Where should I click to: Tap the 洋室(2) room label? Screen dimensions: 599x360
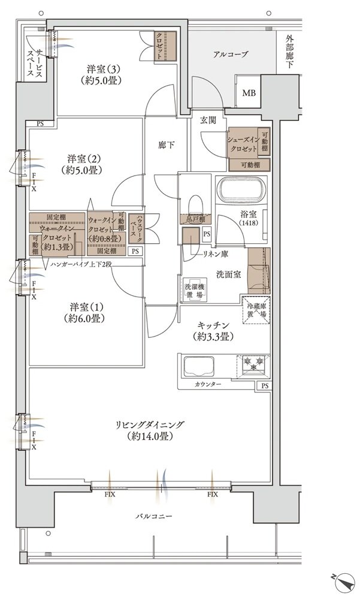pyautogui.click(x=82, y=159)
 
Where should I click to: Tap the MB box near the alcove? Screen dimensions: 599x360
pyautogui.click(x=247, y=93)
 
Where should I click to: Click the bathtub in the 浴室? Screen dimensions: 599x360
pyautogui.click(x=243, y=190)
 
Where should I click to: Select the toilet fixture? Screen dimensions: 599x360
pyautogui.click(x=195, y=206)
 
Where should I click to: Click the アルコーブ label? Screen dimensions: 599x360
pyautogui.click(x=230, y=55)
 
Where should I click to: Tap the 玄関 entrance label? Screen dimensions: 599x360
pyautogui.click(x=209, y=120)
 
